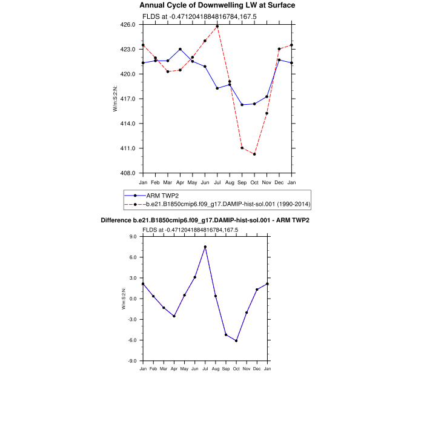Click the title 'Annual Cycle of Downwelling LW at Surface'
(217, 5)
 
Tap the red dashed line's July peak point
(217, 27)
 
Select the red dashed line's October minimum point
(254, 154)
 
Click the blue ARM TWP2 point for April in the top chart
(180, 49)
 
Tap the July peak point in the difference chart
(205, 247)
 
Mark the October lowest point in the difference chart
(236, 340)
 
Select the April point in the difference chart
(174, 316)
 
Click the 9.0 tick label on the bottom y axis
(133, 237)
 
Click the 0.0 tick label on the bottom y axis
(133, 299)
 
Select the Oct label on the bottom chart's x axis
(236, 368)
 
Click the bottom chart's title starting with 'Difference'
(205, 220)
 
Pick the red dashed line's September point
(242, 148)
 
